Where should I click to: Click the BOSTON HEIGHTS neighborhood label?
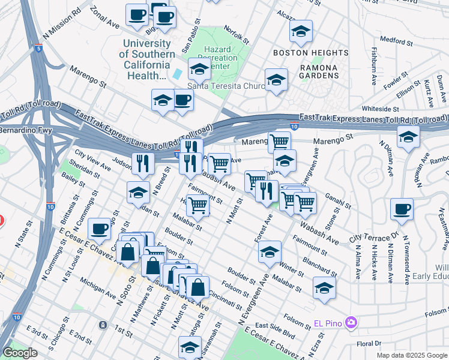click(x=302, y=53)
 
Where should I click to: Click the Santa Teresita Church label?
click(x=226, y=86)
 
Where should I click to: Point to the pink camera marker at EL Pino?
click(x=352, y=323)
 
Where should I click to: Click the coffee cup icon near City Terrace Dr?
click(x=402, y=210)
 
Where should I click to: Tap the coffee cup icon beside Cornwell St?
click(x=100, y=229)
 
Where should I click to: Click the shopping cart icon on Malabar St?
click(x=197, y=206)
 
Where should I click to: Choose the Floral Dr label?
click(x=369, y=344)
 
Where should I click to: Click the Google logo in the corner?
click(x=20, y=353)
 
